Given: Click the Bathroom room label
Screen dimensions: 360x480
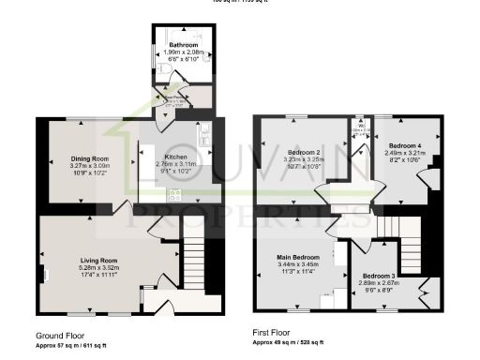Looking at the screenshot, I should coord(184,45).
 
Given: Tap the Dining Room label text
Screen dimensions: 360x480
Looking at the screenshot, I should coord(89,158).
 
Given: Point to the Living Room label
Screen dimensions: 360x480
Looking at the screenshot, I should coord(97,260).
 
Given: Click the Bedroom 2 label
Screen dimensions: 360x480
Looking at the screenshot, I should coord(305,152).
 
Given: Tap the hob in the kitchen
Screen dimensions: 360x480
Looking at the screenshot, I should coord(173,194).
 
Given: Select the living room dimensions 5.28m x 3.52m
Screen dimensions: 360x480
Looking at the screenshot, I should coord(97,267).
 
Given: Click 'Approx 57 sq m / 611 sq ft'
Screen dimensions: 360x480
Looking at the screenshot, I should coord(71,345).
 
